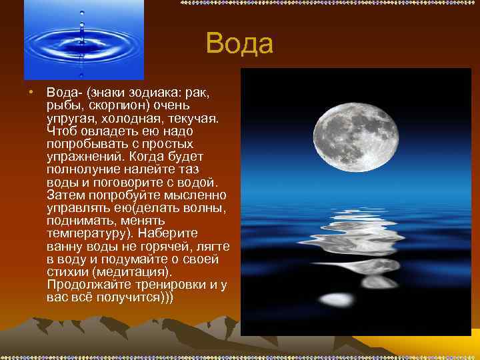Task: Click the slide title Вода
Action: (x=239, y=44)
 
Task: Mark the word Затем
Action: (x=65, y=195)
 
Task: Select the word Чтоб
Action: (x=61, y=131)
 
